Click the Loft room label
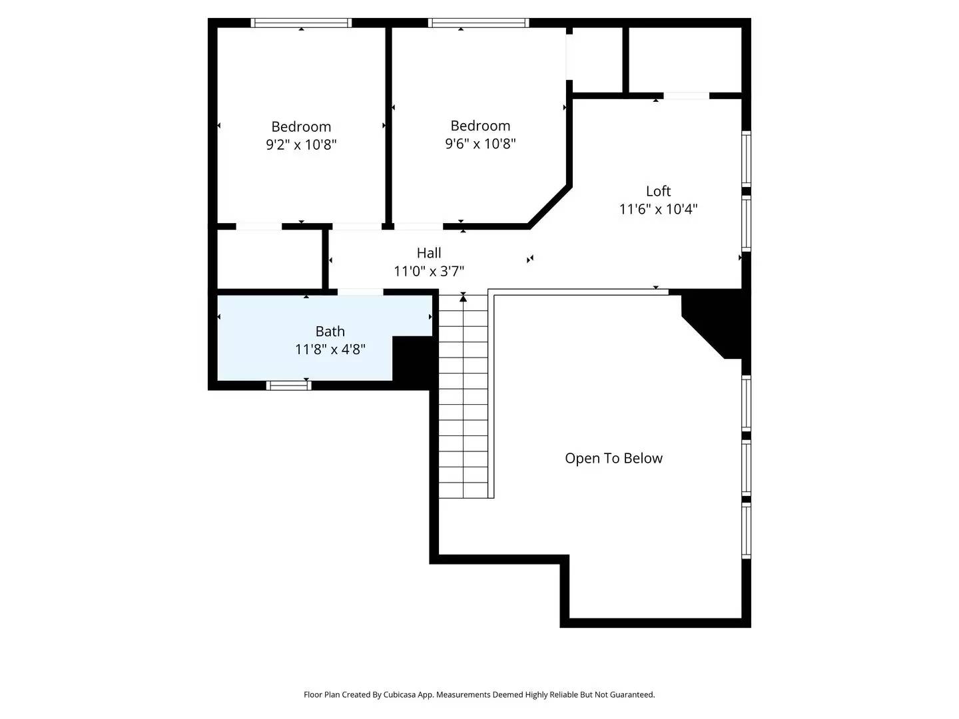658,191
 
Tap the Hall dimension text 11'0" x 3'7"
429,271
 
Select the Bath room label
330,331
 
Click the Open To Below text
613,458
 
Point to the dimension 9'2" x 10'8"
301,144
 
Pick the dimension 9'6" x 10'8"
480,143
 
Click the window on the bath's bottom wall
288,385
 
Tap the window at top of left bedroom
301,23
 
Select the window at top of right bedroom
479,23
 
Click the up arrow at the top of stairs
464,298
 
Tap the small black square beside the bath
413,359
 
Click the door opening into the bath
360,292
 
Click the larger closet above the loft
685,59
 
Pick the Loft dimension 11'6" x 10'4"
658,209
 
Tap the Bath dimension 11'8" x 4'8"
330,349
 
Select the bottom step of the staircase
464,491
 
